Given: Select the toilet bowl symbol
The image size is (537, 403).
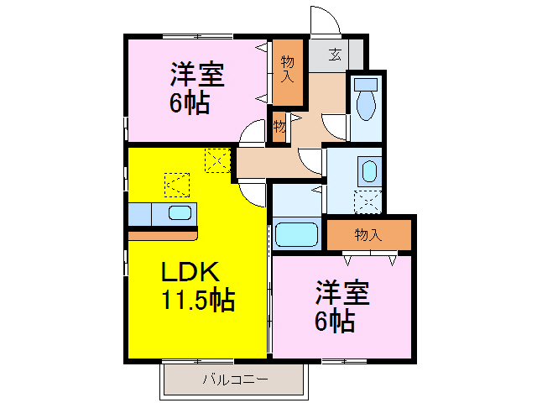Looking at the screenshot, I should point(366,107).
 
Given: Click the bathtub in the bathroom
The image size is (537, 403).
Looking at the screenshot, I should point(297,233).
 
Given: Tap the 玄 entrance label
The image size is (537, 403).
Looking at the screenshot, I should point(335,55).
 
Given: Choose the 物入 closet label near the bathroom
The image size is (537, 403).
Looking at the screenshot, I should point(368,234).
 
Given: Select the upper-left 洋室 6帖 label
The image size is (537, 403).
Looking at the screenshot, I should point(196,88).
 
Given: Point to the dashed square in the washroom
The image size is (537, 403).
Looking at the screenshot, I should point(366,201).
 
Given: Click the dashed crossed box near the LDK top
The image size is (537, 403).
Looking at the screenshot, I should point(217,159).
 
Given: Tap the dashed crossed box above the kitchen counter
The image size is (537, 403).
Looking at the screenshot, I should point(177,182).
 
